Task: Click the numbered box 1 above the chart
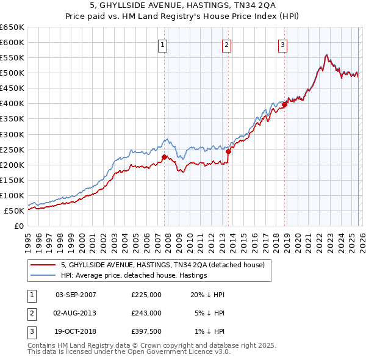[163, 44]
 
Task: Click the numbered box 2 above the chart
[226, 44]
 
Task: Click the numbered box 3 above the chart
[283, 44]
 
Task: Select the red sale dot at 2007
[164, 157]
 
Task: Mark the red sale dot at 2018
[284, 104]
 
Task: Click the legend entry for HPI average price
[134, 276]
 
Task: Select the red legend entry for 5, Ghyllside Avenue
[162, 265]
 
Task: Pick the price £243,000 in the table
[146, 313]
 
